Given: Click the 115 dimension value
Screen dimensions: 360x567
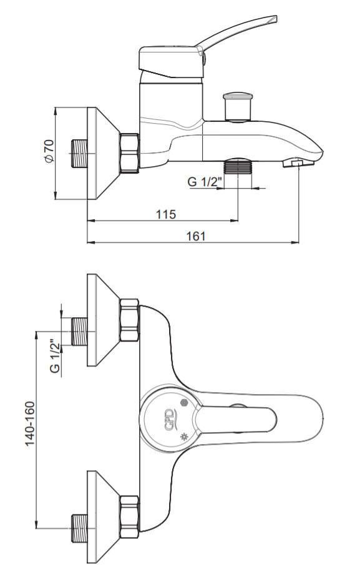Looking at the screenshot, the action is (x=166, y=214).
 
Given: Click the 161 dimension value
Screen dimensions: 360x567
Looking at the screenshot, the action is (x=196, y=236).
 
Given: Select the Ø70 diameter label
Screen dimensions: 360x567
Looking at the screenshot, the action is (x=49, y=151).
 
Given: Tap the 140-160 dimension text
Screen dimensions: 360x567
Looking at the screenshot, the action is (x=31, y=423).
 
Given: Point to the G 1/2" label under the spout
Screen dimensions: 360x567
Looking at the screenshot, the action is (x=204, y=182).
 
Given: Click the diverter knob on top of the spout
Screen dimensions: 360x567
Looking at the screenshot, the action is (x=238, y=107).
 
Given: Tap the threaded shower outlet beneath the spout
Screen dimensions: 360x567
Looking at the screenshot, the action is (x=238, y=165).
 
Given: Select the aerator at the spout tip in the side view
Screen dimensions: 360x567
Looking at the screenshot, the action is (x=297, y=162).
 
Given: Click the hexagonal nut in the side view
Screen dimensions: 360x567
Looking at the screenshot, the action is (x=129, y=153).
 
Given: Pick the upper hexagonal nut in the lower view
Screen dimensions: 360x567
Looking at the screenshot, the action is (x=129, y=320).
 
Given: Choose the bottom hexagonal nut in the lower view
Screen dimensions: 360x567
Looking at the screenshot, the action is (x=129, y=517).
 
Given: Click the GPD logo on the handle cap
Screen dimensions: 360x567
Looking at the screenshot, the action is (x=169, y=420).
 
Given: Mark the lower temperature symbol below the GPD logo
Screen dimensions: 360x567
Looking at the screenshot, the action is (x=185, y=436).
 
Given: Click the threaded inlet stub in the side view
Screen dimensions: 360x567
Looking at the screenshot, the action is (x=79, y=154).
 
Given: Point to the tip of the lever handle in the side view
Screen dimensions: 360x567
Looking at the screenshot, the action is (x=276, y=18).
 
